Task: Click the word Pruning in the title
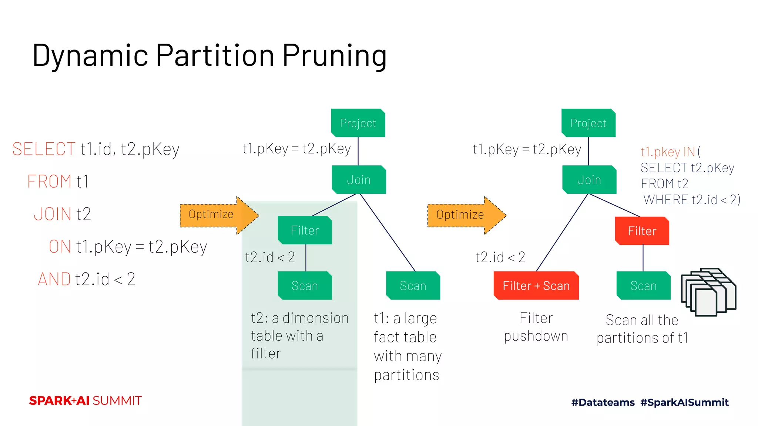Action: point(335,55)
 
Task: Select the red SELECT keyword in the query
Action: point(44,149)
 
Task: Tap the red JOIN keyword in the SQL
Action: point(53,214)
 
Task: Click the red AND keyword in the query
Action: point(54,279)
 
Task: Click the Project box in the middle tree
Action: point(358,123)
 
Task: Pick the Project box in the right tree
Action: point(588,123)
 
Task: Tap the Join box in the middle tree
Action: point(359,180)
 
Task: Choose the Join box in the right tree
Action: point(589,180)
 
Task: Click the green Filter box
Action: point(305,230)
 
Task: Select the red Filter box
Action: point(642,231)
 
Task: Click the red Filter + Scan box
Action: point(536,286)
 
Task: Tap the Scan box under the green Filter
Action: point(305,286)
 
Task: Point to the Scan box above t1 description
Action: point(413,286)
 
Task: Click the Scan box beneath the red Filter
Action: point(643,286)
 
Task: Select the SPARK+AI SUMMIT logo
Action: point(85,400)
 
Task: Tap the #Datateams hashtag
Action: point(603,402)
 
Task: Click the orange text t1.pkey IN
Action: point(668,152)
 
